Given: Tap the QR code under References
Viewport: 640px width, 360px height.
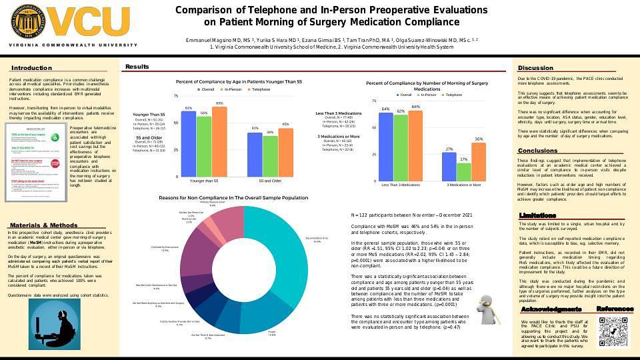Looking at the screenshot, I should tap(614, 332).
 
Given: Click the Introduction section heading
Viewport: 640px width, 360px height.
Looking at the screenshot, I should tap(31, 68).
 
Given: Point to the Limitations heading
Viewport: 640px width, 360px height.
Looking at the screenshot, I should tap(538, 215).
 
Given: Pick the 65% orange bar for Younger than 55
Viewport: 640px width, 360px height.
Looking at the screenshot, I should tap(219, 141).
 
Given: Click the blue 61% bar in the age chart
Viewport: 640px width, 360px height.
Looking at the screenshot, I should tap(189, 143).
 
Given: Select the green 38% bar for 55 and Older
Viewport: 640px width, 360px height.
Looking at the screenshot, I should tap(271, 155).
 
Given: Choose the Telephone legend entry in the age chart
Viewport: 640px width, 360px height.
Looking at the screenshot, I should tap(259, 89).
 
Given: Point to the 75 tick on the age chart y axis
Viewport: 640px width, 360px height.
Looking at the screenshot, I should tap(176, 96).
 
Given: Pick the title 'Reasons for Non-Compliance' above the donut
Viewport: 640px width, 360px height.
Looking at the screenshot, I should tap(233, 197).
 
